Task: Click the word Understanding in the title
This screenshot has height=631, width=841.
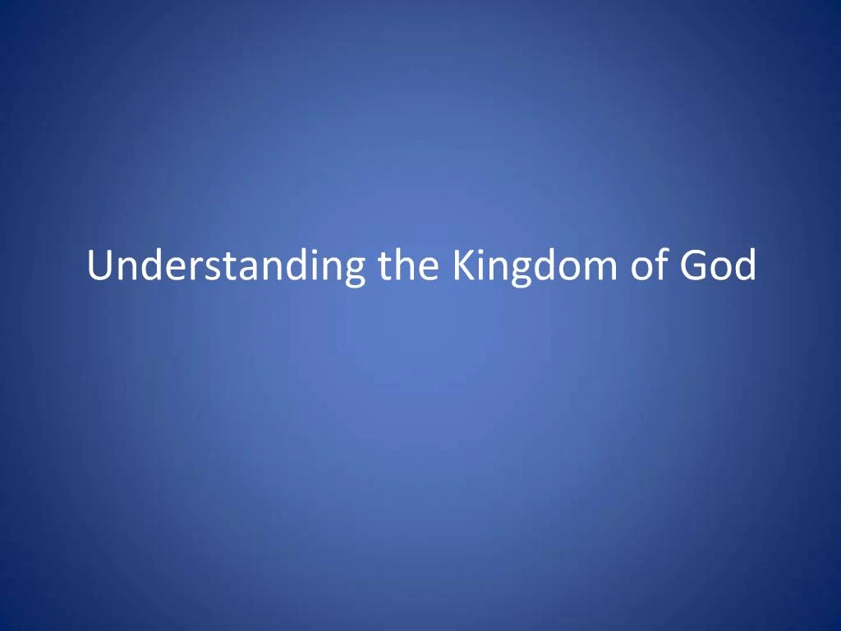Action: click(x=227, y=267)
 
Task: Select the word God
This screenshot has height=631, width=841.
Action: click(x=716, y=267)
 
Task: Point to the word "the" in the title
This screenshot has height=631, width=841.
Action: click(x=410, y=267)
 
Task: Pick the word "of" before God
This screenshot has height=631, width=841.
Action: click(x=645, y=267)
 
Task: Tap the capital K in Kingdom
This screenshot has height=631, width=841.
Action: click(x=462, y=267)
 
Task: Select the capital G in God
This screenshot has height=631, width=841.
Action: click(x=692, y=267)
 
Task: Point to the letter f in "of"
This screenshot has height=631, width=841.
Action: click(x=656, y=265)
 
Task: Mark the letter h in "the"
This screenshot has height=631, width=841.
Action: click(x=408, y=265)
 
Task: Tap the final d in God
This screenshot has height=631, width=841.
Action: click(x=744, y=267)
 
